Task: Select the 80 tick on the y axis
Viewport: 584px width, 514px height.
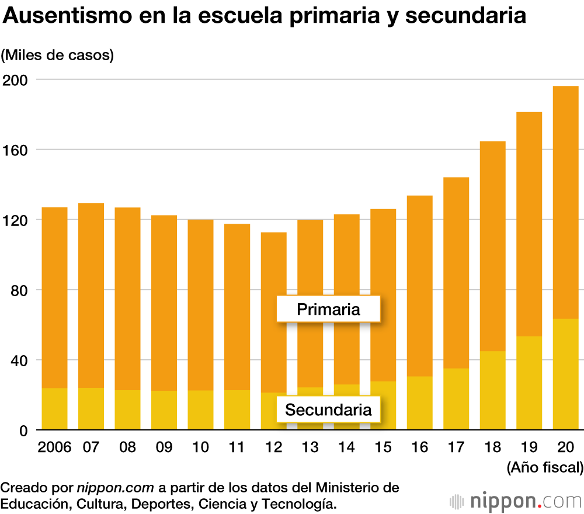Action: click(19, 290)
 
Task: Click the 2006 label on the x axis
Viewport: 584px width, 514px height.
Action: click(54, 448)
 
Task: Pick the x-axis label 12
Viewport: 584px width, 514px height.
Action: click(273, 448)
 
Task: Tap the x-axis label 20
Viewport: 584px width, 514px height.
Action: click(565, 448)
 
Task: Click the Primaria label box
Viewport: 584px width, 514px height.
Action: click(328, 309)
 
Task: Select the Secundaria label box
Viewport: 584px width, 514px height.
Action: click(328, 410)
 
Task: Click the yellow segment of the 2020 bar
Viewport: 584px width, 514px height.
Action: click(565, 374)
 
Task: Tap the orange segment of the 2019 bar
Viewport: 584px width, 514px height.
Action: click(529, 222)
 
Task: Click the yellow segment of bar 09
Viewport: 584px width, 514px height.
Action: click(164, 410)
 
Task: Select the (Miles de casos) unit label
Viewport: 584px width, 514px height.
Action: click(57, 55)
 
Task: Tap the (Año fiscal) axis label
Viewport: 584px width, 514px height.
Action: click(544, 467)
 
